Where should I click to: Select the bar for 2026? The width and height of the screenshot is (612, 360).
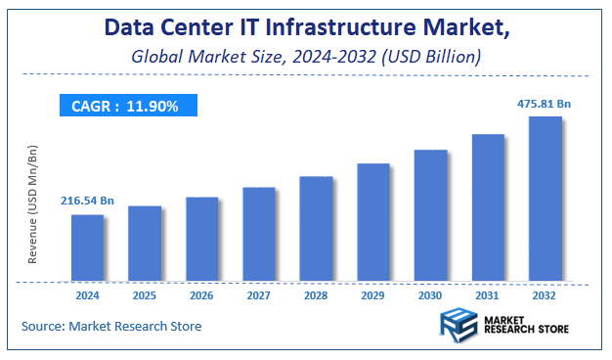pos(202,240)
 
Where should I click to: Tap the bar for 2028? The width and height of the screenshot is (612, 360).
pos(316,230)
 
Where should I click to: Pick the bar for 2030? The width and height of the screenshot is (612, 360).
pos(430,216)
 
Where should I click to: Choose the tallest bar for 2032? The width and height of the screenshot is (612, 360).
pos(545,200)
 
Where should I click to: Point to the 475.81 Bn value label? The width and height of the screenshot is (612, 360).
pos(545,102)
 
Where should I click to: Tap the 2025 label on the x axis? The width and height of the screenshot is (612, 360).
pos(145,295)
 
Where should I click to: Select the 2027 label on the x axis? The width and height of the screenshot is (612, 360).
pos(259,295)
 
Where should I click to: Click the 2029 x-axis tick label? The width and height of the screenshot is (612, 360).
pos(373,295)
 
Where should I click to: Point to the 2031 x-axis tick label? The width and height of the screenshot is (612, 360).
pos(488,295)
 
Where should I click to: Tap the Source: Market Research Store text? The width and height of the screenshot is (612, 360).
pos(111,326)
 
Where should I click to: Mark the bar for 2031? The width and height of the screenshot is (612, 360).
pos(488,208)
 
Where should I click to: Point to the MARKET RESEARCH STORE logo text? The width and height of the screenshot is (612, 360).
pos(526,324)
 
